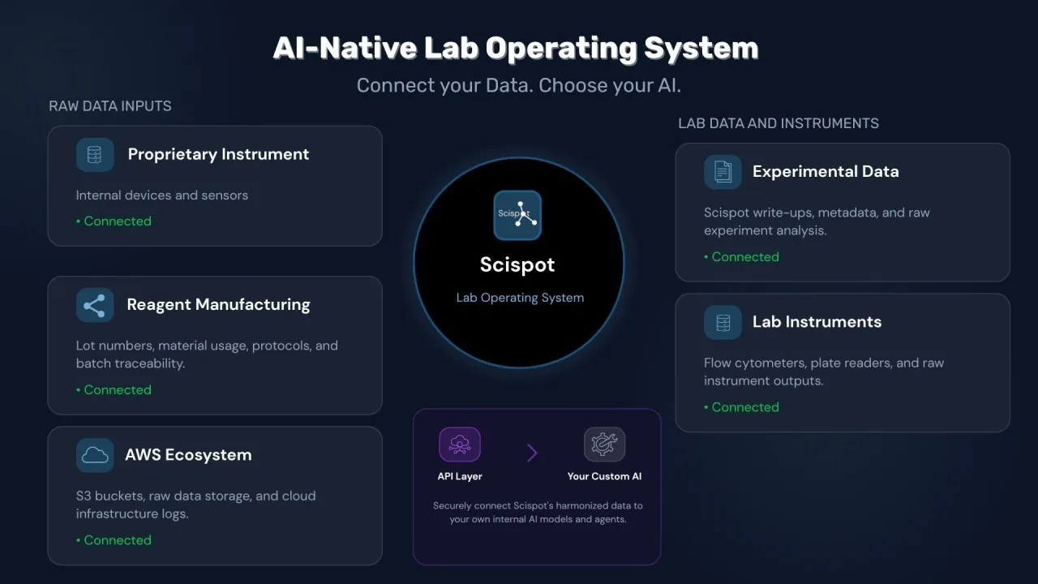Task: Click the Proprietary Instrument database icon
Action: [95, 154]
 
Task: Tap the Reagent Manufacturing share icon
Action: [95, 305]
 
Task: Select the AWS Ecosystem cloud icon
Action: [95, 455]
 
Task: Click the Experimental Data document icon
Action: [723, 172]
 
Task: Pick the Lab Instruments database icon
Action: [723, 322]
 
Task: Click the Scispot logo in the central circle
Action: [517, 215]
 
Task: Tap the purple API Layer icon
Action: [460, 444]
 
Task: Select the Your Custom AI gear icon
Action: [604, 444]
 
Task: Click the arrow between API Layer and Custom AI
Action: [532, 453]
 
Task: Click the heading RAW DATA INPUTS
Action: [110, 106]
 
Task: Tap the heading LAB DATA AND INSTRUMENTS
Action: [778, 123]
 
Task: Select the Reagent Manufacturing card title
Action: [218, 305]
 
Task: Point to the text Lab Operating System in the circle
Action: [520, 298]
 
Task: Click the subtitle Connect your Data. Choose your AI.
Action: [518, 85]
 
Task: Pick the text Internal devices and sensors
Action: [162, 195]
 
